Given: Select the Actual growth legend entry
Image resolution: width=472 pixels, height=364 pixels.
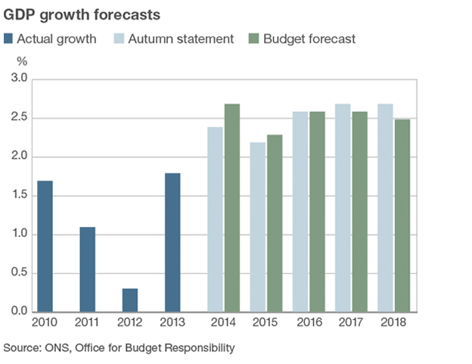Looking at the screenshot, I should (51, 39).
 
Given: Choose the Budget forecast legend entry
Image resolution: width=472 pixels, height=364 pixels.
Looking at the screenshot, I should (303, 39).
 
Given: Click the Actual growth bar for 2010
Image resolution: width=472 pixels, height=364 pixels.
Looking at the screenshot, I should (45, 246).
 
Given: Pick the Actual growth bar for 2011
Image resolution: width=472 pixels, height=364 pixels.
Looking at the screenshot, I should (88, 269).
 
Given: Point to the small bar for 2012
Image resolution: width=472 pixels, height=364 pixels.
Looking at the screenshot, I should (130, 300).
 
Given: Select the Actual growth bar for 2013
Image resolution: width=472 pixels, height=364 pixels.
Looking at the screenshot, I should (173, 242).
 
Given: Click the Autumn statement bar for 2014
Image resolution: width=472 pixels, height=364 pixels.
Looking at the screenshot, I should (216, 219).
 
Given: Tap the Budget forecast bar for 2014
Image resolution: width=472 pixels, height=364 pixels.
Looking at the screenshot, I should (232, 208).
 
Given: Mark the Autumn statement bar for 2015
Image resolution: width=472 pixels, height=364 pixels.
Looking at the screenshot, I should (259, 227).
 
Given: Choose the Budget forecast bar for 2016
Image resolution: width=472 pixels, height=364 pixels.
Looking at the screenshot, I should (318, 212).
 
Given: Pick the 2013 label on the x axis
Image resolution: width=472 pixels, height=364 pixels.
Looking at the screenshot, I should (173, 323).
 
